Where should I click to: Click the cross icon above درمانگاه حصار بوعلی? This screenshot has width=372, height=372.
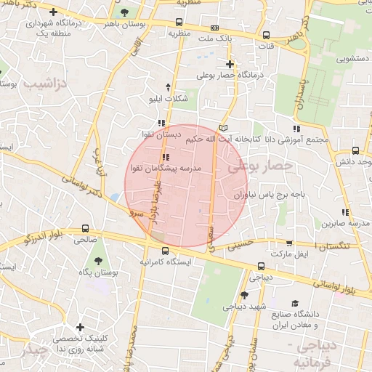[230, 64]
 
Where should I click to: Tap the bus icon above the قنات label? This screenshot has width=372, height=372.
[267, 35]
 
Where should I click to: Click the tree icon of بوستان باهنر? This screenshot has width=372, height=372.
[126, 12]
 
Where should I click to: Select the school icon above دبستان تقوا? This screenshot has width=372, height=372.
[161, 123]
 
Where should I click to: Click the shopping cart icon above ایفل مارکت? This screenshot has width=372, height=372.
[289, 244]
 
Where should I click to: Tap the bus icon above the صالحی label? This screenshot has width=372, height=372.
[86, 227]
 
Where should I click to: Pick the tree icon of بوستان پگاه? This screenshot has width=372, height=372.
[97, 260]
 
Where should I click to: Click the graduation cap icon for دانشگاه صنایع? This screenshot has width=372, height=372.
[294, 304]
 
